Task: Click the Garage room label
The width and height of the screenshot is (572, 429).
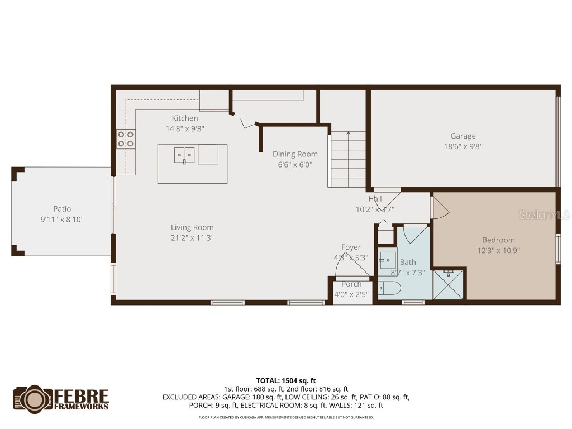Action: click(463, 136)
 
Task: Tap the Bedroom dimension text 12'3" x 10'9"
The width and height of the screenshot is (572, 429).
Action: click(498, 250)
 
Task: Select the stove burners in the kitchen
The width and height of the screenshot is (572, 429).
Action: click(126, 139)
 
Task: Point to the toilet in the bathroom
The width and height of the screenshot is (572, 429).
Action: click(389, 289)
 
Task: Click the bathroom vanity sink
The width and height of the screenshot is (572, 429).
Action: click(387, 260)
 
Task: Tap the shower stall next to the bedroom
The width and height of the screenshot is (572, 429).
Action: click(449, 285)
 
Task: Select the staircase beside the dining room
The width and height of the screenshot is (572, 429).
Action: click(347, 159)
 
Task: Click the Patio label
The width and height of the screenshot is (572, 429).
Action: click(62, 209)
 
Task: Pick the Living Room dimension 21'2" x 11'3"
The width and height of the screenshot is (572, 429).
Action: click(192, 237)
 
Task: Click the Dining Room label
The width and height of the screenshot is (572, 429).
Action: click(295, 154)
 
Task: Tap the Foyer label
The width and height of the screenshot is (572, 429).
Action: click(351, 247)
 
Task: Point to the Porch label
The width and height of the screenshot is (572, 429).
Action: click(351, 284)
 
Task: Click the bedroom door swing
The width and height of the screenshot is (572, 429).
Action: click(440, 207)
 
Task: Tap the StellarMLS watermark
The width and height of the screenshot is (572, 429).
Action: click(544, 214)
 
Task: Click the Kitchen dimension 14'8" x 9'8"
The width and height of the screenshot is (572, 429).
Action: click(185, 128)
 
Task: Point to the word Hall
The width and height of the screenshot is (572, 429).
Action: click(375, 199)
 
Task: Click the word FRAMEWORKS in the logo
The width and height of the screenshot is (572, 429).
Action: click(82, 406)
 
